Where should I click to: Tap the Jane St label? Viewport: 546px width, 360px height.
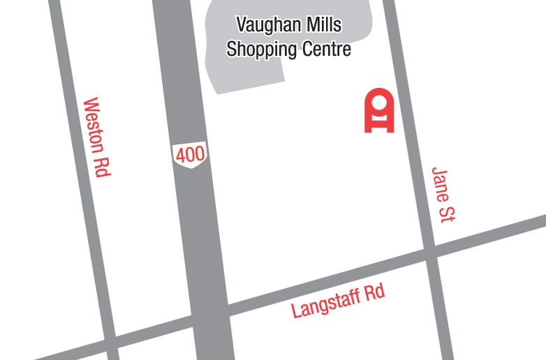coord(443,194)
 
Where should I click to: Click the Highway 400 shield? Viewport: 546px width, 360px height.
coord(190,156)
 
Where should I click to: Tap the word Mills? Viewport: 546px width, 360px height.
coord(324,26)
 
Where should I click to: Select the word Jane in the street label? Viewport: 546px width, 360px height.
coord(440,185)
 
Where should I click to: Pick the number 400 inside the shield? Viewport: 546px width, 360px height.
coord(190,155)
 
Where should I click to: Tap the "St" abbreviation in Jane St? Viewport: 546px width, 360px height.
coord(447,213)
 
